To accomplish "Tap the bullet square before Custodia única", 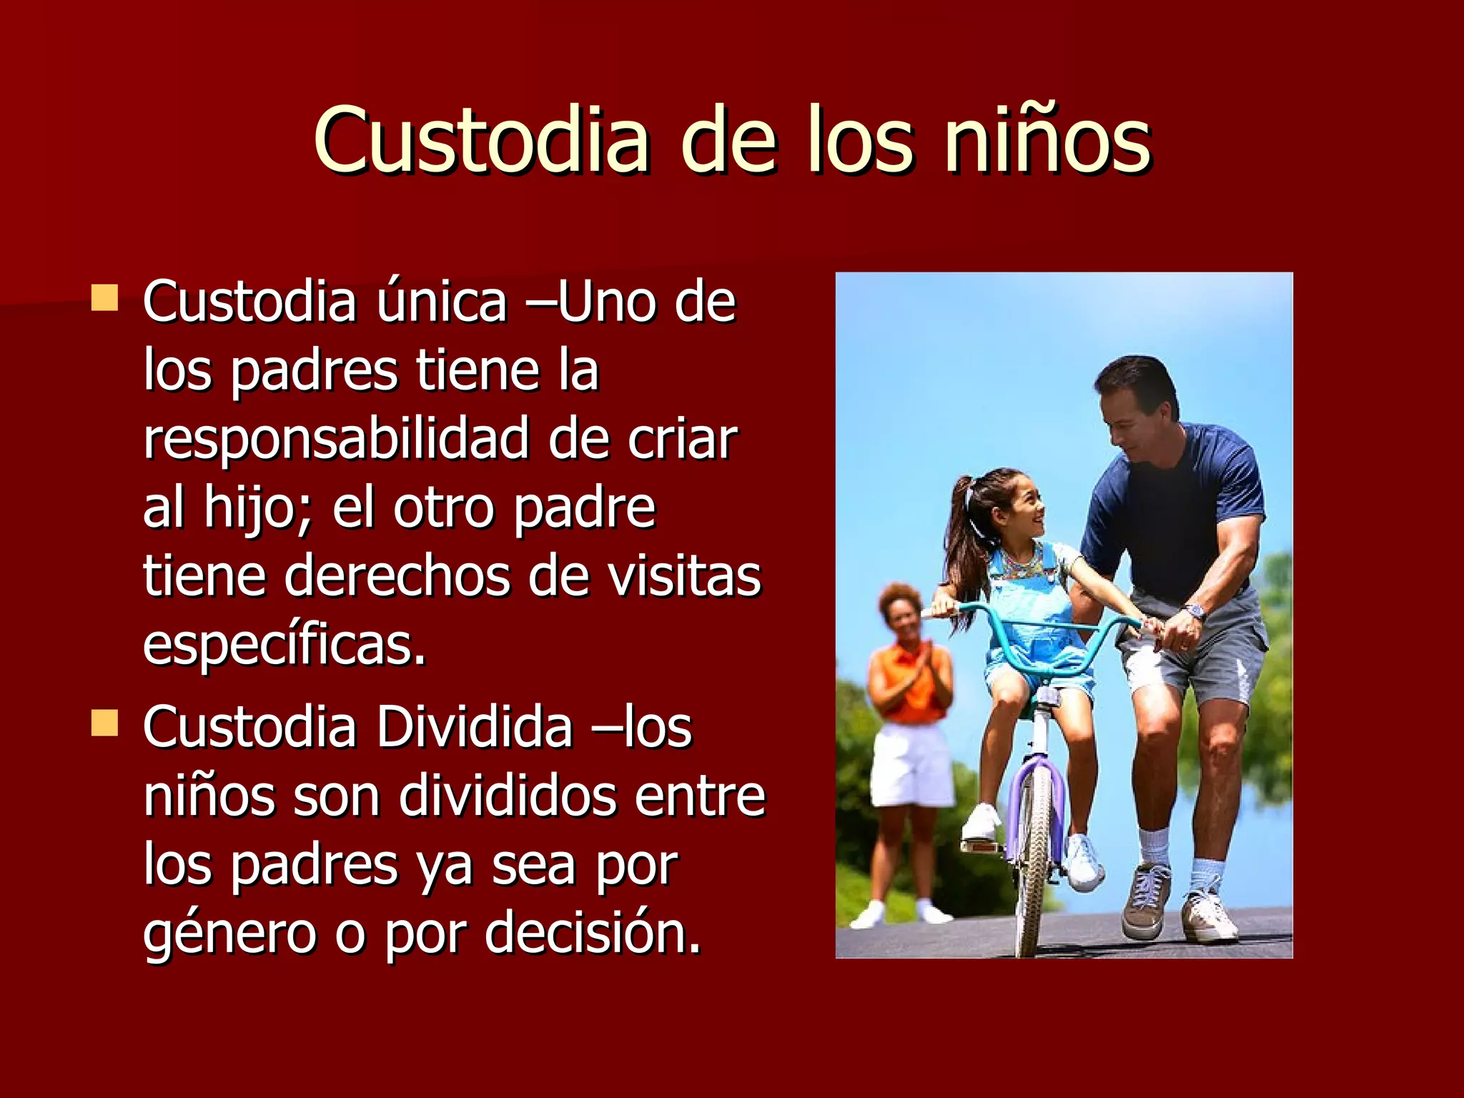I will (x=104, y=298).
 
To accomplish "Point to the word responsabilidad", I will (x=337, y=438).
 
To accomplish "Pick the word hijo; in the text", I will (x=258, y=508).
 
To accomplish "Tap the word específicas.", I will (x=285, y=644).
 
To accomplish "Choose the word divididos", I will (x=507, y=796).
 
